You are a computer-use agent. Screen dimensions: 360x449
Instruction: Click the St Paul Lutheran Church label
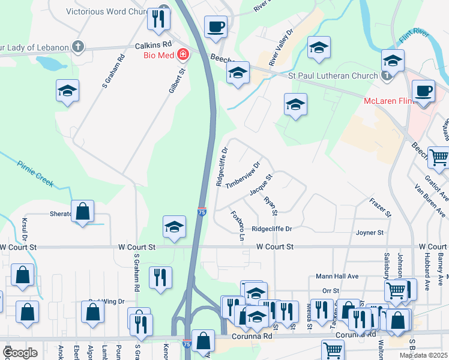tap(333, 76)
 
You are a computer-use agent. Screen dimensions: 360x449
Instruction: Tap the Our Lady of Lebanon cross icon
tap(77, 46)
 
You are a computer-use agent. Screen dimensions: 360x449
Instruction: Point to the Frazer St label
tap(381, 205)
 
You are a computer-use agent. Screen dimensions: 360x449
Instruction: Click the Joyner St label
tap(369, 232)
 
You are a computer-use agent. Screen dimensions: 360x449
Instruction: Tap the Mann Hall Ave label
tap(337, 277)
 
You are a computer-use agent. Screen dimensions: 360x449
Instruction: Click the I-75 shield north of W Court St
tap(202, 212)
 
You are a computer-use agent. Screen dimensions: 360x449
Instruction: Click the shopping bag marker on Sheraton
tap(83, 211)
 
